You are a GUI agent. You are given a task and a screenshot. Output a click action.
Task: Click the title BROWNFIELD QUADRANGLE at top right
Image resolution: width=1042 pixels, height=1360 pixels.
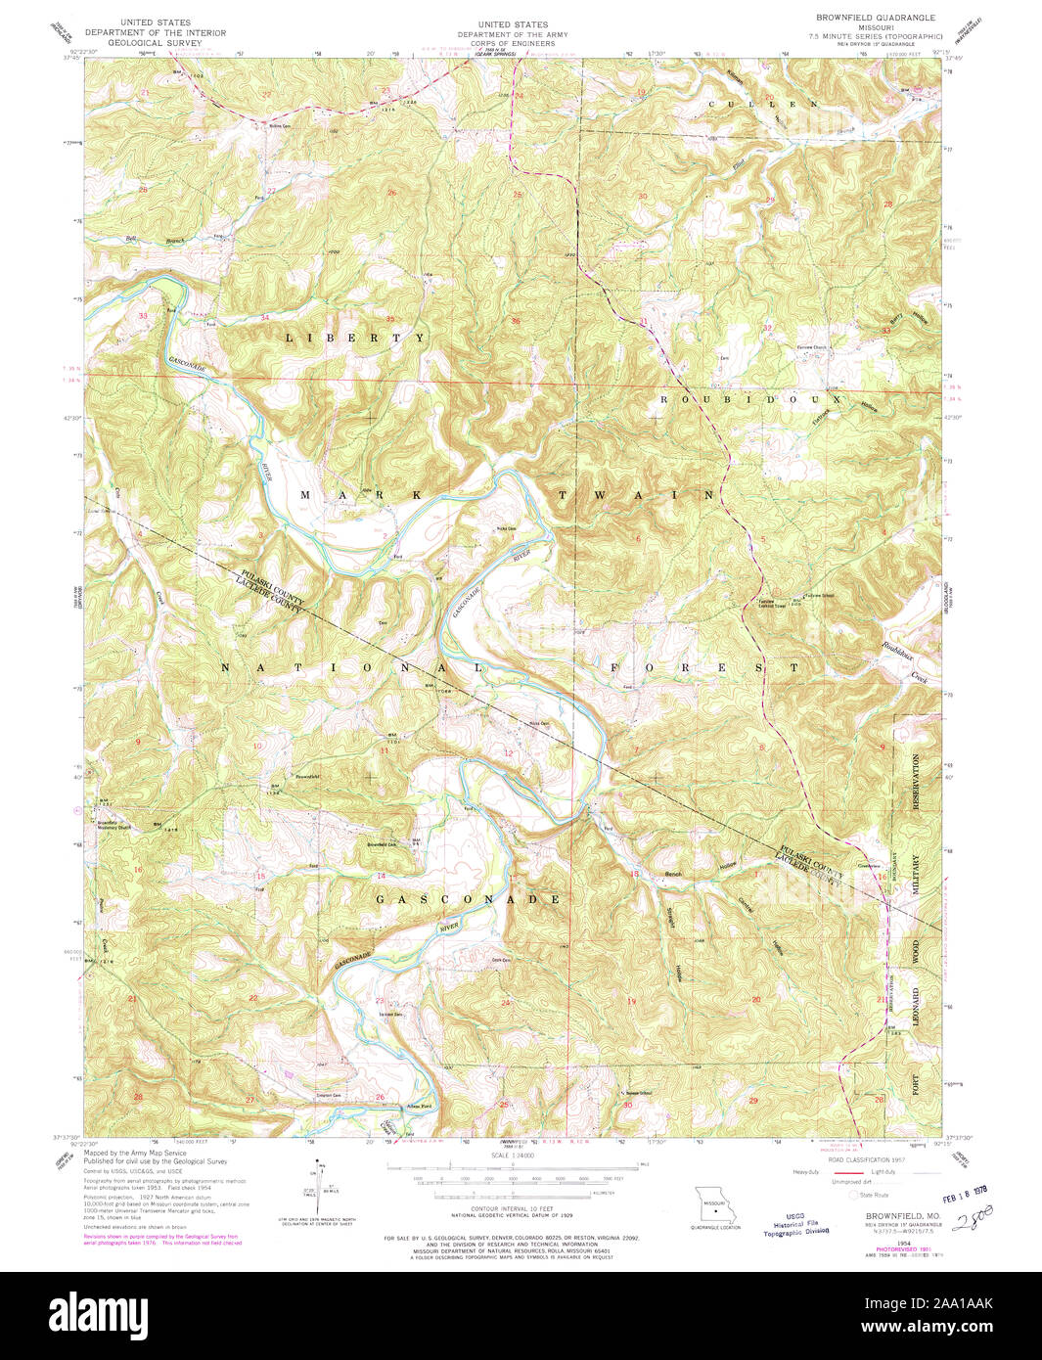point(876,18)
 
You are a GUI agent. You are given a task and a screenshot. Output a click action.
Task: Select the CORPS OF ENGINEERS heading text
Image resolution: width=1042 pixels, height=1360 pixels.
point(512,44)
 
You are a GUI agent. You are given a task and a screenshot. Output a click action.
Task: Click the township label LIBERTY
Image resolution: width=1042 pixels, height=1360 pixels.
point(355,338)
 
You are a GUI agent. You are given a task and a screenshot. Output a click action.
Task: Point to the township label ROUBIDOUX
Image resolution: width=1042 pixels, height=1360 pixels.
point(751,399)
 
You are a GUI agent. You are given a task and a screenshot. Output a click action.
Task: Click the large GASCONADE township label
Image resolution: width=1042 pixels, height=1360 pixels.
point(470,898)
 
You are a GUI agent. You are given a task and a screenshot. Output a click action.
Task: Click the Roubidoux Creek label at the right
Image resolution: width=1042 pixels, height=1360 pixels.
point(906,660)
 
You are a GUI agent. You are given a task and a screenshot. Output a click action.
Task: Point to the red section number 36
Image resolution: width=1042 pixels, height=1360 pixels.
point(516,320)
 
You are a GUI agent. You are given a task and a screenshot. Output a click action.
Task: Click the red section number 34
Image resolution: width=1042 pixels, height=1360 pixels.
point(264,318)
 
